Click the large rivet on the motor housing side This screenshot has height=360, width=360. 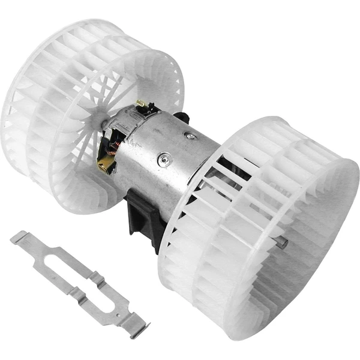tap(164, 160)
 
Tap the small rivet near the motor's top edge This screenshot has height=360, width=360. tap(190, 136)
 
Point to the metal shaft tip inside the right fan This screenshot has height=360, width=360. tap(280, 242)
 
